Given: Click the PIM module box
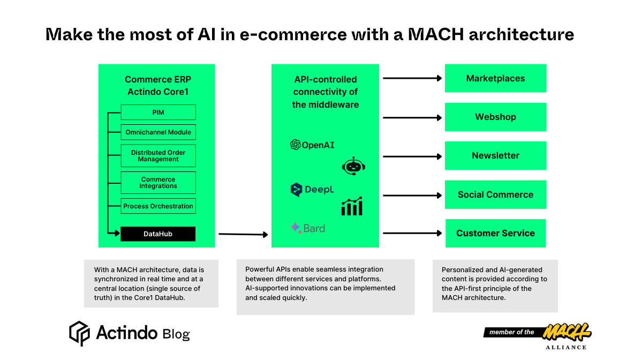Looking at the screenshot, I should point(158,112).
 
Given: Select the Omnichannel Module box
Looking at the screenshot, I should point(158,132).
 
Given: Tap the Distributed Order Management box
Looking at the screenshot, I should point(158,156).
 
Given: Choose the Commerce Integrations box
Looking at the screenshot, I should point(158,183).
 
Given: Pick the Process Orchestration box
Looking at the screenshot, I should point(158,206).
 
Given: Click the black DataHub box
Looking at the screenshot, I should point(158,234).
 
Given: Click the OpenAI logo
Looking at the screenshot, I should point(312,145).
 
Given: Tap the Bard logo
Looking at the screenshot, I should point(308,228).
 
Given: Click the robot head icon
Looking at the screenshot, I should point(353,167).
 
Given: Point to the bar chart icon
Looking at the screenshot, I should point(352,206).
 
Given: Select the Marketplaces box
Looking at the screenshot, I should point(495,79).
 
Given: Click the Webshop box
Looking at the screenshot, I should point(495,117).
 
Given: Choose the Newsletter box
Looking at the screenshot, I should point(495,156).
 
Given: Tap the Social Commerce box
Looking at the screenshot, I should point(495,195).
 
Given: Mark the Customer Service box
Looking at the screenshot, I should point(495,234).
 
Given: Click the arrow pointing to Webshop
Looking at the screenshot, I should point(412,117).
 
